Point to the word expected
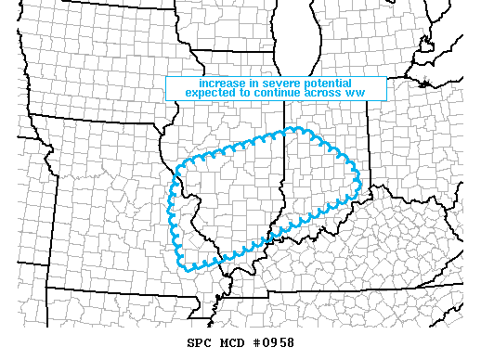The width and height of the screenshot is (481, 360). [x=213, y=92]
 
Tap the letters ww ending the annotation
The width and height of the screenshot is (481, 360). [x=356, y=93]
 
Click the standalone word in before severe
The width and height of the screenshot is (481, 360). [x=235, y=82]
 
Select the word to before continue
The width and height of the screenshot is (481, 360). [x=249, y=92]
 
